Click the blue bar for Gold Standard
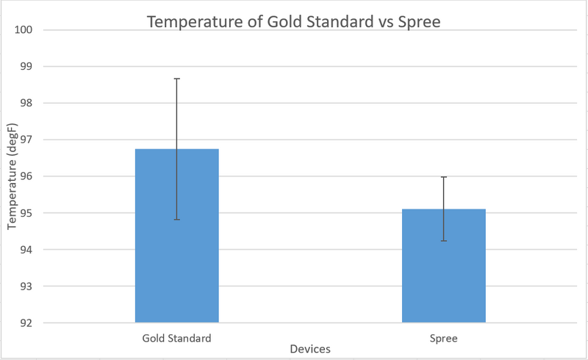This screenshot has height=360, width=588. click(176, 242)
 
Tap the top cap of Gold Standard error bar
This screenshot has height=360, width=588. click(176, 79)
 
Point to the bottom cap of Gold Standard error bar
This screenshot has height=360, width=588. click(176, 219)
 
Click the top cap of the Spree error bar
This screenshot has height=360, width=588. click(443, 177)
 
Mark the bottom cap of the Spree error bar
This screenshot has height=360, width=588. click(443, 240)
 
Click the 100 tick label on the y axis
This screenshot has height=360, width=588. click(25, 30)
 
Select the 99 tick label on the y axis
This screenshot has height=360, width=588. click(27, 66)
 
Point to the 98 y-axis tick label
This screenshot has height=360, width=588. click(27, 103)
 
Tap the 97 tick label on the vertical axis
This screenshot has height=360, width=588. click(27, 140)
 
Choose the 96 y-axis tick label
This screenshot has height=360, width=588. click(27, 176)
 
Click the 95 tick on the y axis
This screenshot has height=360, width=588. click(27, 213)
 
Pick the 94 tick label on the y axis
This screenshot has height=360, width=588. click(27, 250)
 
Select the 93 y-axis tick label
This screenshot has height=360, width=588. click(27, 286)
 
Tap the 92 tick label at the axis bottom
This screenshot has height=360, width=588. click(27, 323)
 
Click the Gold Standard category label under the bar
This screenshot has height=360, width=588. click(176, 339)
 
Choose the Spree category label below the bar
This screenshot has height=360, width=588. click(443, 339)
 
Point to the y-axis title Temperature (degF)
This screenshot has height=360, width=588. click(11, 176)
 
